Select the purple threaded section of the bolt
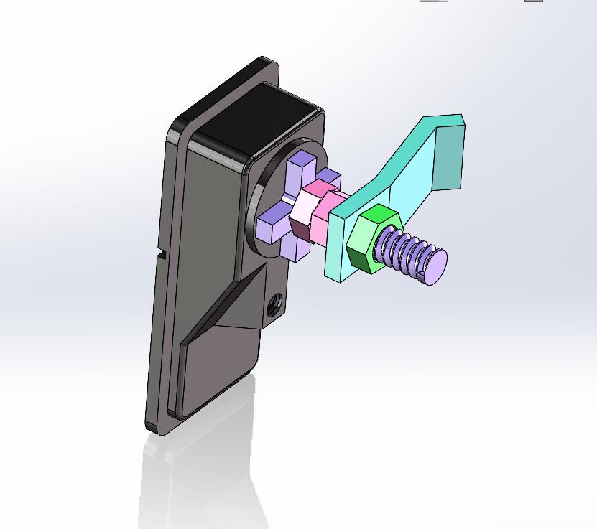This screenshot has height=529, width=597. click(x=406, y=251)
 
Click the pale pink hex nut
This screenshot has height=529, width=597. click(x=305, y=208)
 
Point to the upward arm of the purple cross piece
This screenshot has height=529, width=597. click(x=298, y=169)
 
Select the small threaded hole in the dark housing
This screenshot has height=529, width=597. click(x=274, y=304)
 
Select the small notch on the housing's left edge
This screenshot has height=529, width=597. click(x=162, y=254)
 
